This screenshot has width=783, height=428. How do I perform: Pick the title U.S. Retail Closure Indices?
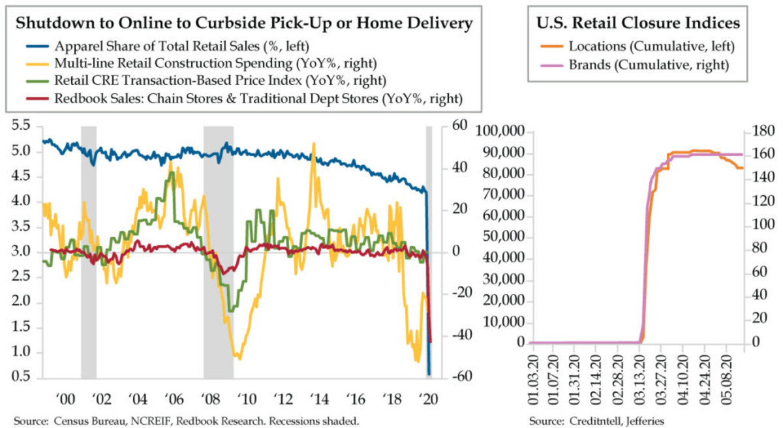click(637, 23)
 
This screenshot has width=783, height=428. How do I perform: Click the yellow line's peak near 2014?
click(314, 144)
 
